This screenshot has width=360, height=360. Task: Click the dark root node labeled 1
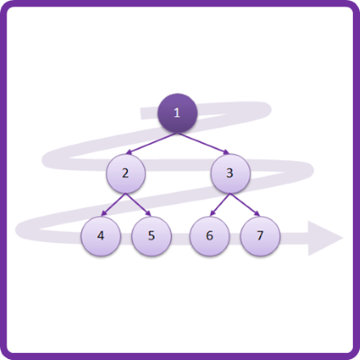click(177, 113)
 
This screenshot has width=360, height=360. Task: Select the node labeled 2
click(126, 174)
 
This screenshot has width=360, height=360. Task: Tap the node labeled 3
click(230, 174)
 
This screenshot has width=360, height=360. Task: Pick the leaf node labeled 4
click(101, 236)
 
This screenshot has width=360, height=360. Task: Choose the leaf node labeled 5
click(151, 236)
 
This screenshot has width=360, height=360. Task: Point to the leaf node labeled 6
click(210, 236)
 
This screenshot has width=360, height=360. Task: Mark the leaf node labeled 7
click(260, 236)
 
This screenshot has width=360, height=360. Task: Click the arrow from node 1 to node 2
click(151, 144)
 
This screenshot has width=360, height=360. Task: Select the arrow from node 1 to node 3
click(203, 144)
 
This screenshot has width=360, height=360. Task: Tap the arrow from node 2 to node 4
click(113, 204)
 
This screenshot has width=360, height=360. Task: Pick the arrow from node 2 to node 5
click(139, 204)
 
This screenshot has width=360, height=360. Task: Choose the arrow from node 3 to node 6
click(220, 204)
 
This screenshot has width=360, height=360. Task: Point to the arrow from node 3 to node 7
click(245, 204)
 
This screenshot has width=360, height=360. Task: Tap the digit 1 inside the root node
click(177, 112)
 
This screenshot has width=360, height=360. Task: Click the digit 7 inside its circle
click(260, 236)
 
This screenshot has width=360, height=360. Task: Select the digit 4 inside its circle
click(101, 236)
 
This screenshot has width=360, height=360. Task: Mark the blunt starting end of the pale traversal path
click(141, 113)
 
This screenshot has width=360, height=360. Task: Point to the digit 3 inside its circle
click(229, 173)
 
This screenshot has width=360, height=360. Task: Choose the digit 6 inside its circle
click(210, 236)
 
